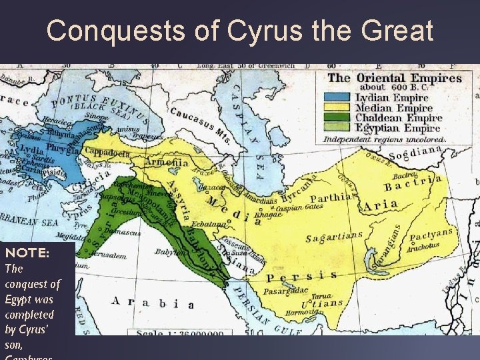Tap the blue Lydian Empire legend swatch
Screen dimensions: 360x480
pyautogui.click(x=338, y=98)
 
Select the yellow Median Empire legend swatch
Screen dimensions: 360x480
pyautogui.click(x=338, y=108)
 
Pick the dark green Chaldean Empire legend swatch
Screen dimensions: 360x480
pyautogui.click(x=338, y=118)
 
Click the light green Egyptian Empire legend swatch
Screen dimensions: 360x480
pyautogui.click(x=338, y=128)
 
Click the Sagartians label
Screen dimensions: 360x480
pyautogui.click(x=334, y=236)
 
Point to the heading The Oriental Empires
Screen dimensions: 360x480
pyautogui.click(x=395, y=78)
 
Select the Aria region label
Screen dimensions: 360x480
pyautogui.click(x=381, y=205)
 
